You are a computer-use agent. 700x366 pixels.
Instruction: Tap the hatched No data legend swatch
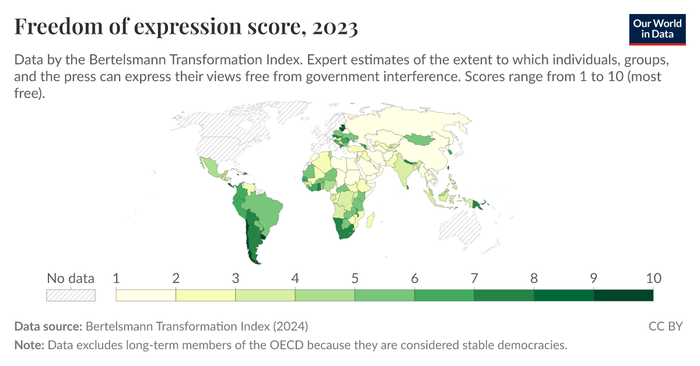point(71,295)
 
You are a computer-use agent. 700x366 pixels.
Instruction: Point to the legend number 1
point(116,278)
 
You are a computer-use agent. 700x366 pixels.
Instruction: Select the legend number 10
point(653,278)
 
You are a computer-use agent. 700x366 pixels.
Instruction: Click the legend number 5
point(355,278)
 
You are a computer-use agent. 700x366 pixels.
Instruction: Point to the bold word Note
point(29,345)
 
